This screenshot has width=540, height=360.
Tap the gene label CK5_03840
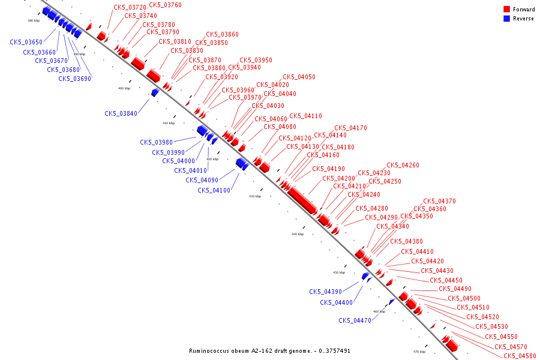(121, 113)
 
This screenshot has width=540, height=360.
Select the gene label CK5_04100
(214, 190)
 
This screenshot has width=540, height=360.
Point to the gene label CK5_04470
(355, 320)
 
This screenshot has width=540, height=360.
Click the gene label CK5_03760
(165, 5)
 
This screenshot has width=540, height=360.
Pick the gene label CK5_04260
(403, 165)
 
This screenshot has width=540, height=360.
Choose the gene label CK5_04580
(520, 356)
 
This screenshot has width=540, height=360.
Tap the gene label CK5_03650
(26, 42)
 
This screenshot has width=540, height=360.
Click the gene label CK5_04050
(299, 77)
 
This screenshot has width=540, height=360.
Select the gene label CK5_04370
(439, 202)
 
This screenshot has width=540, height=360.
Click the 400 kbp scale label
(124, 88)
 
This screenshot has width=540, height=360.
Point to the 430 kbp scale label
(255, 196)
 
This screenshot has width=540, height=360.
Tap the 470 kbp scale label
(419, 352)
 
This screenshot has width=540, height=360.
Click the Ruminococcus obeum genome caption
(269, 350)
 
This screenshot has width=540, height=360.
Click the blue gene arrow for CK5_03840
(155, 92)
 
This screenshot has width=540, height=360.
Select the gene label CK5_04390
(325, 292)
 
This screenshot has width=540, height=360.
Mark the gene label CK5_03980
(156, 142)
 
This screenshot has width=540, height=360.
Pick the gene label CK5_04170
(350, 128)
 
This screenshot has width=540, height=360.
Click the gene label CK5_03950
(256, 60)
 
